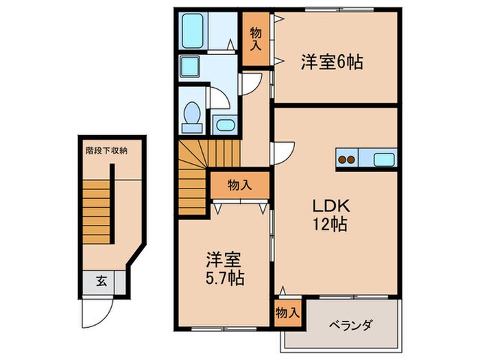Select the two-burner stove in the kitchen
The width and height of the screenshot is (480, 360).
pos(347,160)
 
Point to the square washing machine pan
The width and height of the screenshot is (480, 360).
pos(189,67)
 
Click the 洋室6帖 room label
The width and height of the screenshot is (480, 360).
pos(331,62)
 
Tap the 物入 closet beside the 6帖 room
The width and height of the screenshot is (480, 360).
pos(256,38)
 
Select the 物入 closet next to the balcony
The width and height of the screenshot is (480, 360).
pos(287,313)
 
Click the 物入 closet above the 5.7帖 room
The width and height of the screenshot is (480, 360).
pos(239,184)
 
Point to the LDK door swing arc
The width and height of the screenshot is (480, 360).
pos(285,150)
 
